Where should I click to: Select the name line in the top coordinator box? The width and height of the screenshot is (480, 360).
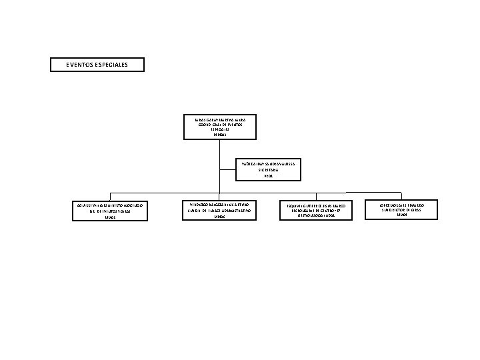(219, 119)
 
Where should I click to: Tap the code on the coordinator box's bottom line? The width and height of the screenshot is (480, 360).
(219, 135)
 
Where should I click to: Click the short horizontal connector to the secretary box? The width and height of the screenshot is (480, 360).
(229, 169)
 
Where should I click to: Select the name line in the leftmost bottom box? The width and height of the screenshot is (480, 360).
(112, 204)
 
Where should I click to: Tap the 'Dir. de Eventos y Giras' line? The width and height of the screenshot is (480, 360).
(112, 211)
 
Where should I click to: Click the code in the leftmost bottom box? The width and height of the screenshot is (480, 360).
(112, 217)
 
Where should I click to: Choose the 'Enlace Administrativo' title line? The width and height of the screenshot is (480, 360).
(219, 211)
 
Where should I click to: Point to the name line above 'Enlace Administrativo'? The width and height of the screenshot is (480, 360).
(219, 204)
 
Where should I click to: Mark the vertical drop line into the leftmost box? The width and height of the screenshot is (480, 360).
(112, 195)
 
